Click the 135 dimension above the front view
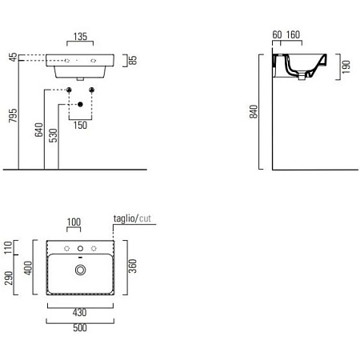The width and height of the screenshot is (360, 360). [80, 36]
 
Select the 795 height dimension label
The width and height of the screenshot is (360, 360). [13, 115]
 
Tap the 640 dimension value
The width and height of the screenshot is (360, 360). [39, 130]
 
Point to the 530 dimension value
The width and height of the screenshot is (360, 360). [54, 135]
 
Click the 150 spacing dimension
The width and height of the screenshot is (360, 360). [80, 125]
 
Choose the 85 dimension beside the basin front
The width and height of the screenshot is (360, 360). [133, 60]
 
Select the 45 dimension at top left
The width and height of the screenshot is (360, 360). [13, 57]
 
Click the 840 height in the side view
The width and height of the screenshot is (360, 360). [254, 111]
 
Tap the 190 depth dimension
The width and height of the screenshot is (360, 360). [346, 67]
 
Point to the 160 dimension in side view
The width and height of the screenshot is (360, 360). [293, 34]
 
